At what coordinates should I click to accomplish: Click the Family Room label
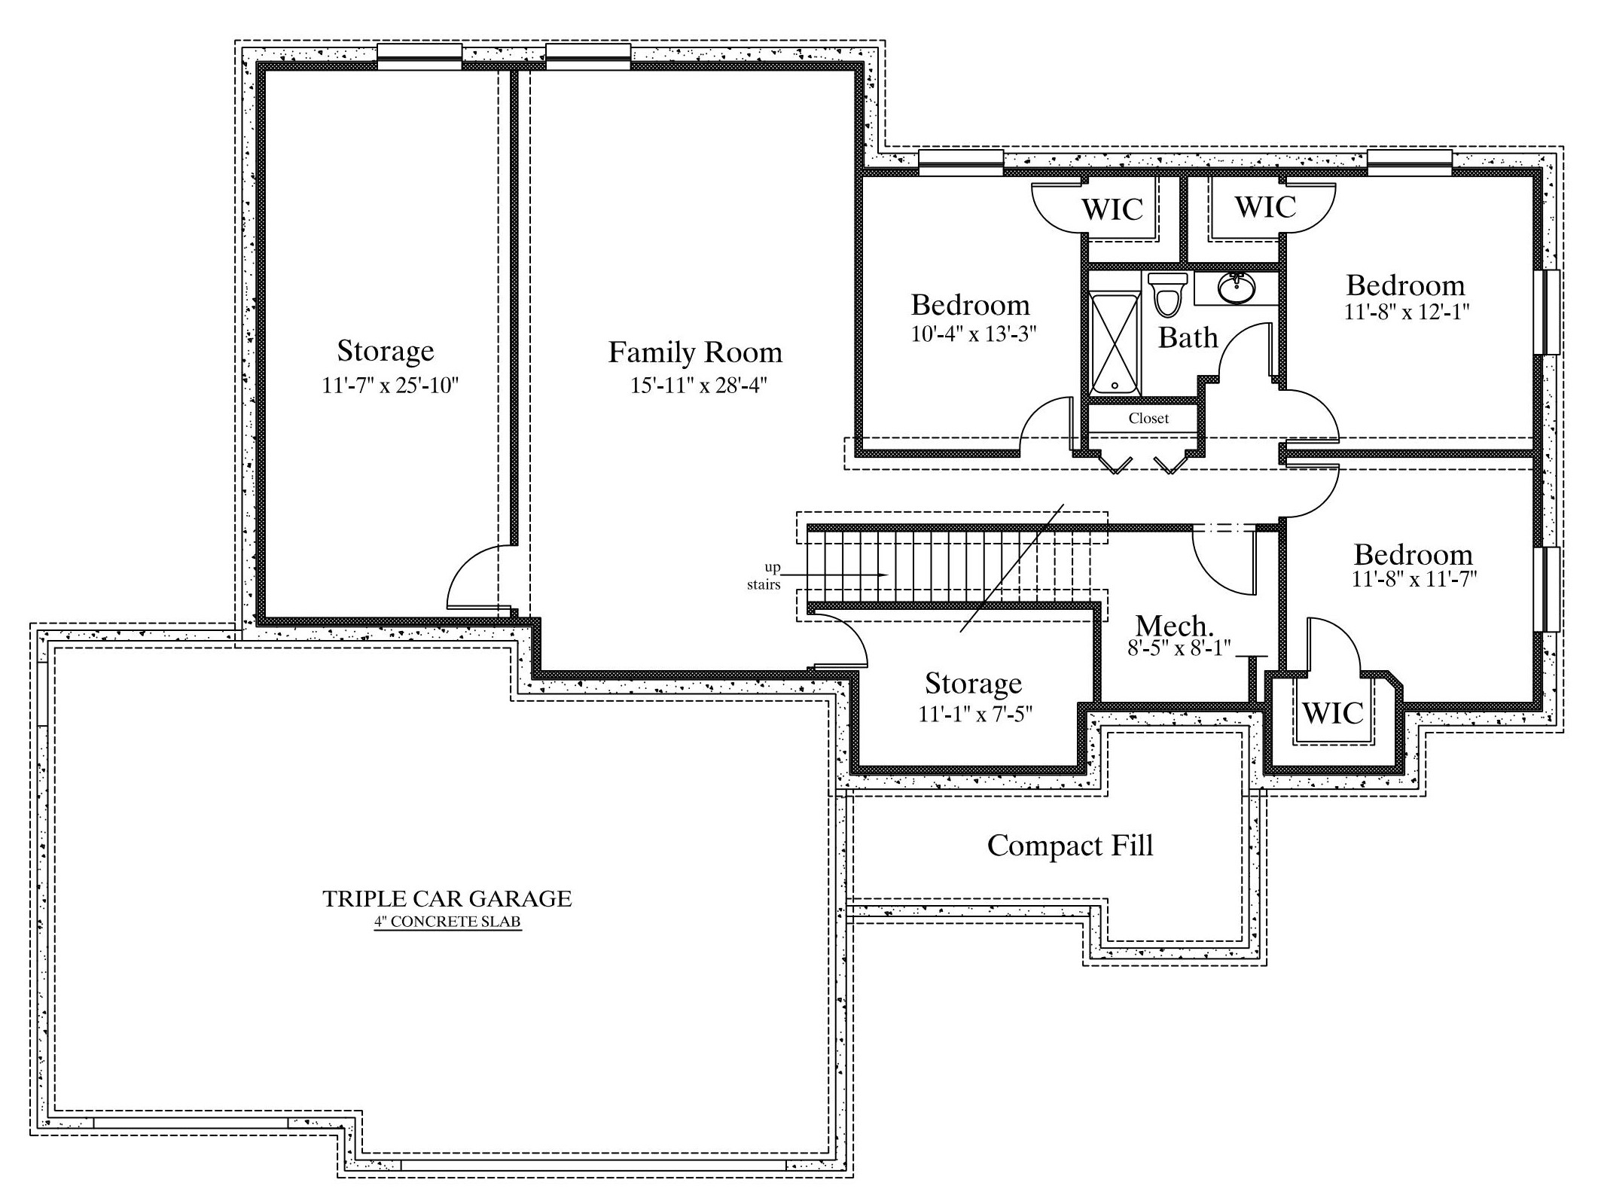point(695,352)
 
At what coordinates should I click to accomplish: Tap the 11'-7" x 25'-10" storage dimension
point(390,386)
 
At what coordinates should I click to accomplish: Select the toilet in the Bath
point(1167,294)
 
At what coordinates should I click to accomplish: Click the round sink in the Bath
point(1236,287)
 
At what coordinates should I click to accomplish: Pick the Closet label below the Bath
point(1148,419)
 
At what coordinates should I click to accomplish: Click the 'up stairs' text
point(764,576)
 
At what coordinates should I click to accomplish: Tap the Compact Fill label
point(1070,846)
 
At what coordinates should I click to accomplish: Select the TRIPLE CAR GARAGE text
point(447,898)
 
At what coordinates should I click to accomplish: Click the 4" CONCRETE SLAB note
point(447,922)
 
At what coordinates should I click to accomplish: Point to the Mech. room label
point(1175,626)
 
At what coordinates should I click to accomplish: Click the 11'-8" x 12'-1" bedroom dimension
point(1407,312)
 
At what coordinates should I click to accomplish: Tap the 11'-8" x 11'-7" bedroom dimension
point(1413,579)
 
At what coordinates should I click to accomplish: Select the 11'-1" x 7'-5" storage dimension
point(974,714)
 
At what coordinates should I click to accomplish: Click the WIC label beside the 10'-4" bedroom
point(1112,209)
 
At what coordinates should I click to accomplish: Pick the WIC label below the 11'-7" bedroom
point(1332,712)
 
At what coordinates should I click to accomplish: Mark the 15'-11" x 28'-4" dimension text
point(698,386)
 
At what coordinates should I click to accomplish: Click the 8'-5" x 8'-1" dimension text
point(1179,648)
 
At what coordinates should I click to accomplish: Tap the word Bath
point(1188,337)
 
